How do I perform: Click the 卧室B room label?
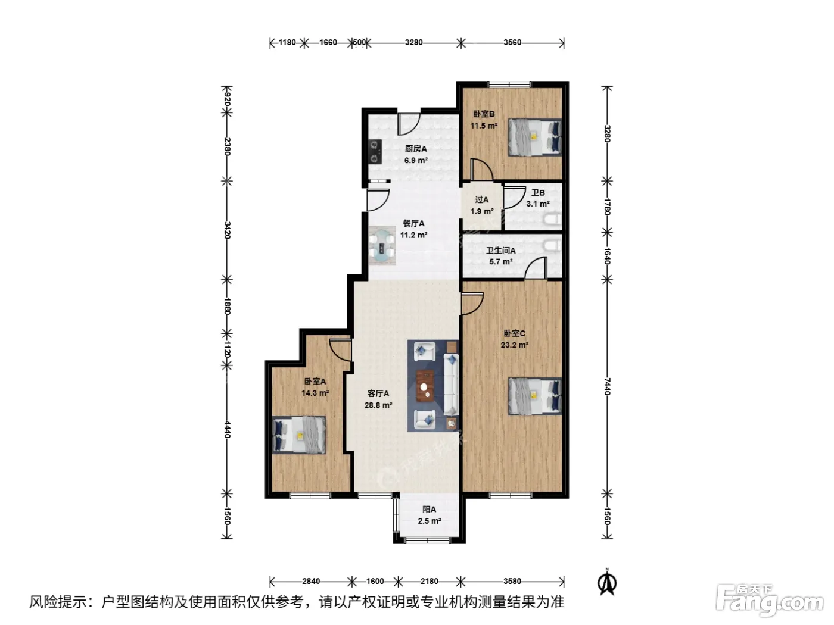pyautogui.click(x=483, y=114)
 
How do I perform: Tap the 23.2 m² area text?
pyautogui.click(x=514, y=345)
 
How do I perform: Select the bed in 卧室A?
pyautogui.click(x=299, y=435)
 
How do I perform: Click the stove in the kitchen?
pyautogui.click(x=109, y=151)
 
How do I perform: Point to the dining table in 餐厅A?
pyautogui.click(x=382, y=245)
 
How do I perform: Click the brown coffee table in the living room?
pyautogui.click(x=425, y=386)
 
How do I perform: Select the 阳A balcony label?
pyautogui.click(x=430, y=510)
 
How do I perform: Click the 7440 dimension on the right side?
pyautogui.click(x=607, y=386)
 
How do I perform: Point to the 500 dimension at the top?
pyautogui.click(x=359, y=42)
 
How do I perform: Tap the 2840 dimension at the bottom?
pyautogui.click(x=311, y=581)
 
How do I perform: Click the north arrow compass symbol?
pyautogui.click(x=607, y=582)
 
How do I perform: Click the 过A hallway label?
pyautogui.click(x=482, y=199)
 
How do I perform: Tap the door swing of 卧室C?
pyautogui.click(x=472, y=304)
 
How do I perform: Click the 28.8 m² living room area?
pyautogui.click(x=378, y=405)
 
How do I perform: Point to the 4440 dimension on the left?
pyautogui.click(x=227, y=429)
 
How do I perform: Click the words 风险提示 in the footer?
pyautogui.click(x=58, y=602)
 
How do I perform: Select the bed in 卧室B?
pyautogui.click(x=535, y=137)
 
